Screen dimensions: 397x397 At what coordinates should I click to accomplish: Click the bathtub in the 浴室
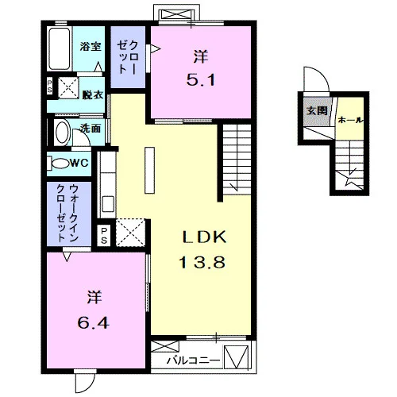tap(60, 48)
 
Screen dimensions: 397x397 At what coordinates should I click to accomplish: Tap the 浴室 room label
tap(91, 47)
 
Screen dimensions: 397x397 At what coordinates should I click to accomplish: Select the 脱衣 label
tap(92, 94)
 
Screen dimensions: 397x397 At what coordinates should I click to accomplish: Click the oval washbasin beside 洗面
tap(62, 133)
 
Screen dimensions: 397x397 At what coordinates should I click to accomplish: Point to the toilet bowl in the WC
tap(60, 164)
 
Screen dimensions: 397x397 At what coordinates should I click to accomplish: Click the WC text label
tap(79, 163)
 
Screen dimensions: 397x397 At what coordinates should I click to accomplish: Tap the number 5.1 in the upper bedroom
tap(200, 79)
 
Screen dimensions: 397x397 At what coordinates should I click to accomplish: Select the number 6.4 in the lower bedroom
tap(93, 323)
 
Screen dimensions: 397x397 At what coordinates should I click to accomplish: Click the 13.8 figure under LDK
tap(202, 263)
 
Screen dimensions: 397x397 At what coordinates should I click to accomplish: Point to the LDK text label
tap(204, 237)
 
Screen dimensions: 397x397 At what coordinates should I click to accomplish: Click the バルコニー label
tap(193, 360)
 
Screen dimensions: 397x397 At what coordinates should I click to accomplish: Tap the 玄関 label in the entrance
tap(317, 110)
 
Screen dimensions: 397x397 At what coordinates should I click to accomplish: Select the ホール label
tap(350, 120)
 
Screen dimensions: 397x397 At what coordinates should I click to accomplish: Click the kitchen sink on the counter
tap(108, 204)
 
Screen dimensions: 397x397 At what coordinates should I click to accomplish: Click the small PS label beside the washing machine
tap(49, 87)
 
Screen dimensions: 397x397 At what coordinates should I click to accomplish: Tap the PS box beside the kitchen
tap(104, 236)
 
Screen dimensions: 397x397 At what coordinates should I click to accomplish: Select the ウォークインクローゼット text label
tap(67, 214)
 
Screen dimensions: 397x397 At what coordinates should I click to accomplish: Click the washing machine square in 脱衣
tap(68, 88)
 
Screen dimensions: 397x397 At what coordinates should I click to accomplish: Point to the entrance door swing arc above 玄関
tap(322, 73)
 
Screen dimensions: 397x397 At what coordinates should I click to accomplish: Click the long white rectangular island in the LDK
tap(149, 170)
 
